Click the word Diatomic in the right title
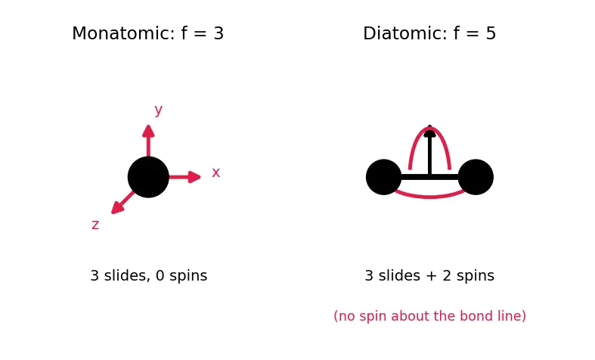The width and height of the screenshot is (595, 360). pyautogui.click(x=405, y=33)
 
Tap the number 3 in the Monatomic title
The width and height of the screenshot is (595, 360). pyautogui.click(x=218, y=33)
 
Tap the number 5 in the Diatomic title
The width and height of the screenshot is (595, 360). pyautogui.click(x=491, y=33)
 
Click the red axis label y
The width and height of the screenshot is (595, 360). pyautogui.click(x=159, y=110)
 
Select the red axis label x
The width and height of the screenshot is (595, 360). pyautogui.click(x=216, y=172)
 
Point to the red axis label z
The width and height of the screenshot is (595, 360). pyautogui.click(x=95, y=225)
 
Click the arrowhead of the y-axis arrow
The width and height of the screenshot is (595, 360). pyautogui.click(x=148, y=131)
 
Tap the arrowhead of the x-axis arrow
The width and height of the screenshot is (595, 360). pyautogui.click(x=194, y=177)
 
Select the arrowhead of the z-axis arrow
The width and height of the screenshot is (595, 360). pyautogui.click(x=117, y=208)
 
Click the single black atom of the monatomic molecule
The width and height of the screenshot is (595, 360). pyautogui.click(x=148, y=177)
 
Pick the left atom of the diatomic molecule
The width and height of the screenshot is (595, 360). pyautogui.click(x=383, y=177)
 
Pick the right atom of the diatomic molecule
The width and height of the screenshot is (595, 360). pyautogui.click(x=476, y=177)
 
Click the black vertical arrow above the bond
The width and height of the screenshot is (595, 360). pyautogui.click(x=429, y=150)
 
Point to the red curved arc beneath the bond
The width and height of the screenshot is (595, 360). pyautogui.click(x=429, y=197)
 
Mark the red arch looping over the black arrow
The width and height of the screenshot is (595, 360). pyautogui.click(x=429, y=128)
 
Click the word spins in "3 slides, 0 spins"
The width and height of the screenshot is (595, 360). pyautogui.click(x=188, y=276)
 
